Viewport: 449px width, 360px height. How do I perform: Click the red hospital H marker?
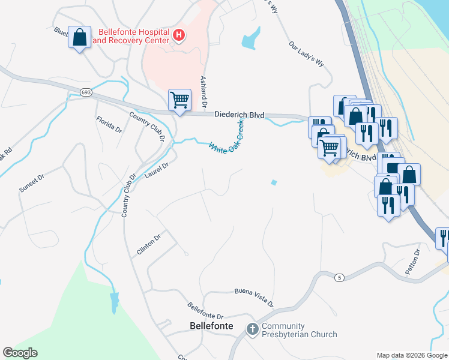coord(178,35)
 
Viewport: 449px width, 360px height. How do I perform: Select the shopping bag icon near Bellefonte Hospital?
coord(79,38)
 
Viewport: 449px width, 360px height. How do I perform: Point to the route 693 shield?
coord(85,91)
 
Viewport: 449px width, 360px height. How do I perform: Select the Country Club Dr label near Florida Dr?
coord(146,125)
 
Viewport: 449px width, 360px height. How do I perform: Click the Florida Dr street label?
coord(109,124)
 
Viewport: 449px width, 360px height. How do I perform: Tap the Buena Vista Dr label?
coord(253,297)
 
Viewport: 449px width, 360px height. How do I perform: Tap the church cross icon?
coord(253,329)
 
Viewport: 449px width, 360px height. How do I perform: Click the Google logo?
coord(20,353)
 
